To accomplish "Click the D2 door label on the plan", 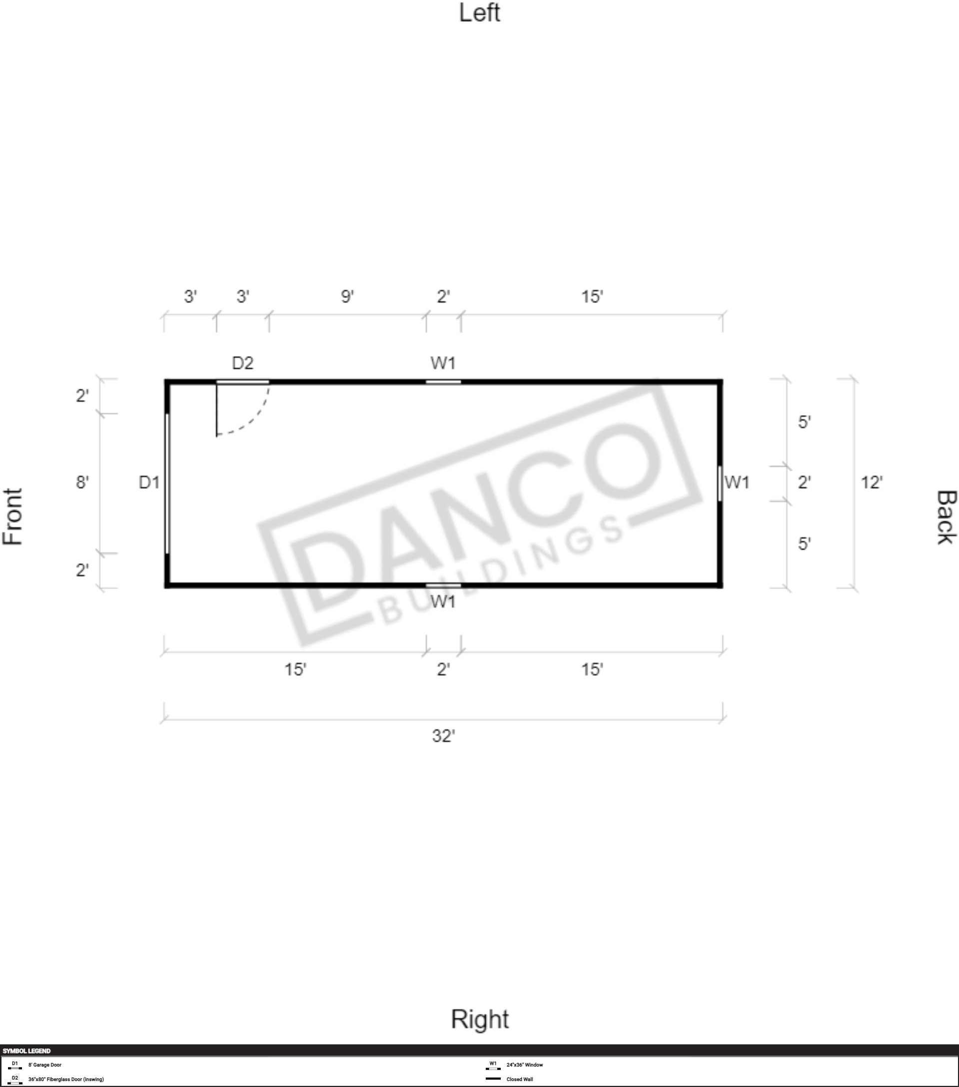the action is point(242,363).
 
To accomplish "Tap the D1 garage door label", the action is point(149,483).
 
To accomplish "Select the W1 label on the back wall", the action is point(737,483).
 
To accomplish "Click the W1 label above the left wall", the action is point(443,363).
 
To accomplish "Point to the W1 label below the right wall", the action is point(443,601).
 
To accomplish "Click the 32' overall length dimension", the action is point(444,736).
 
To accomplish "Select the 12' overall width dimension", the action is point(872,483).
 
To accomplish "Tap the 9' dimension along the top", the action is point(347,296).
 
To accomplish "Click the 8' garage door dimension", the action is point(82,483).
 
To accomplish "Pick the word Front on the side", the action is point(13,517).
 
